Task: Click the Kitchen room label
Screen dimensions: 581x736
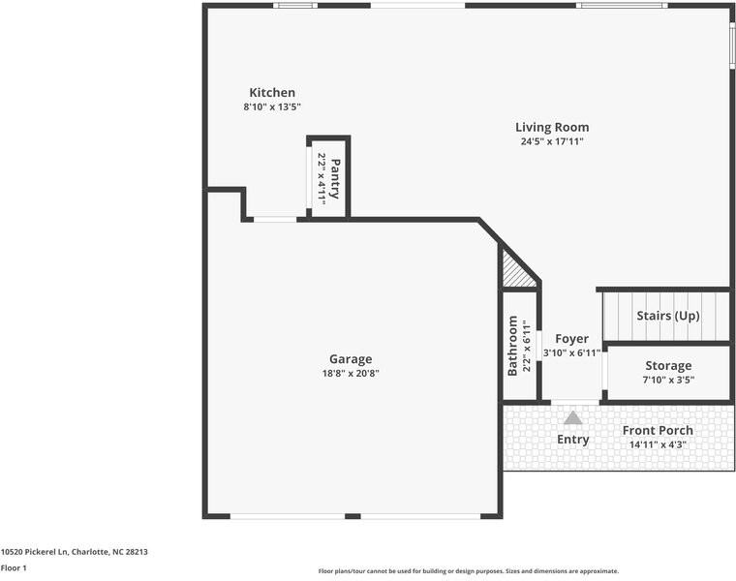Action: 272,93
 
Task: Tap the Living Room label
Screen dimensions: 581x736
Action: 551,127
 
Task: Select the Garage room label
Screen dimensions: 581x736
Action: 351,359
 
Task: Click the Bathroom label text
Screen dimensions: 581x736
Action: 513,346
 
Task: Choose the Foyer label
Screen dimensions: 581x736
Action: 571,339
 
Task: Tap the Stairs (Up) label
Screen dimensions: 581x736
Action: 667,316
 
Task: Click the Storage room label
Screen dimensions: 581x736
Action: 668,365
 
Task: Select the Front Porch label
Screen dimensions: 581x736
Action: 658,430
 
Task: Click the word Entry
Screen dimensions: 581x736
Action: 572,440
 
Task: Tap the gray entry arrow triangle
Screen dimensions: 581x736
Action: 573,417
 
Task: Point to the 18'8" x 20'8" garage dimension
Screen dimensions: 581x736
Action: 351,374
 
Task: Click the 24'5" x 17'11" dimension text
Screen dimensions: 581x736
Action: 551,141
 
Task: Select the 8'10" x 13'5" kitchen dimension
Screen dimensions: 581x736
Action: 272,107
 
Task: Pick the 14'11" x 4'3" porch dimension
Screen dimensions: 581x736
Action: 658,444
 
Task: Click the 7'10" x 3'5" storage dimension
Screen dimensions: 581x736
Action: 668,380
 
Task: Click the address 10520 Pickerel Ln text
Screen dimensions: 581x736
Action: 75,552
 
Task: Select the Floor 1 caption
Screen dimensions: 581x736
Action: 14,568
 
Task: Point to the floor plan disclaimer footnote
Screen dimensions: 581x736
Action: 468,571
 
